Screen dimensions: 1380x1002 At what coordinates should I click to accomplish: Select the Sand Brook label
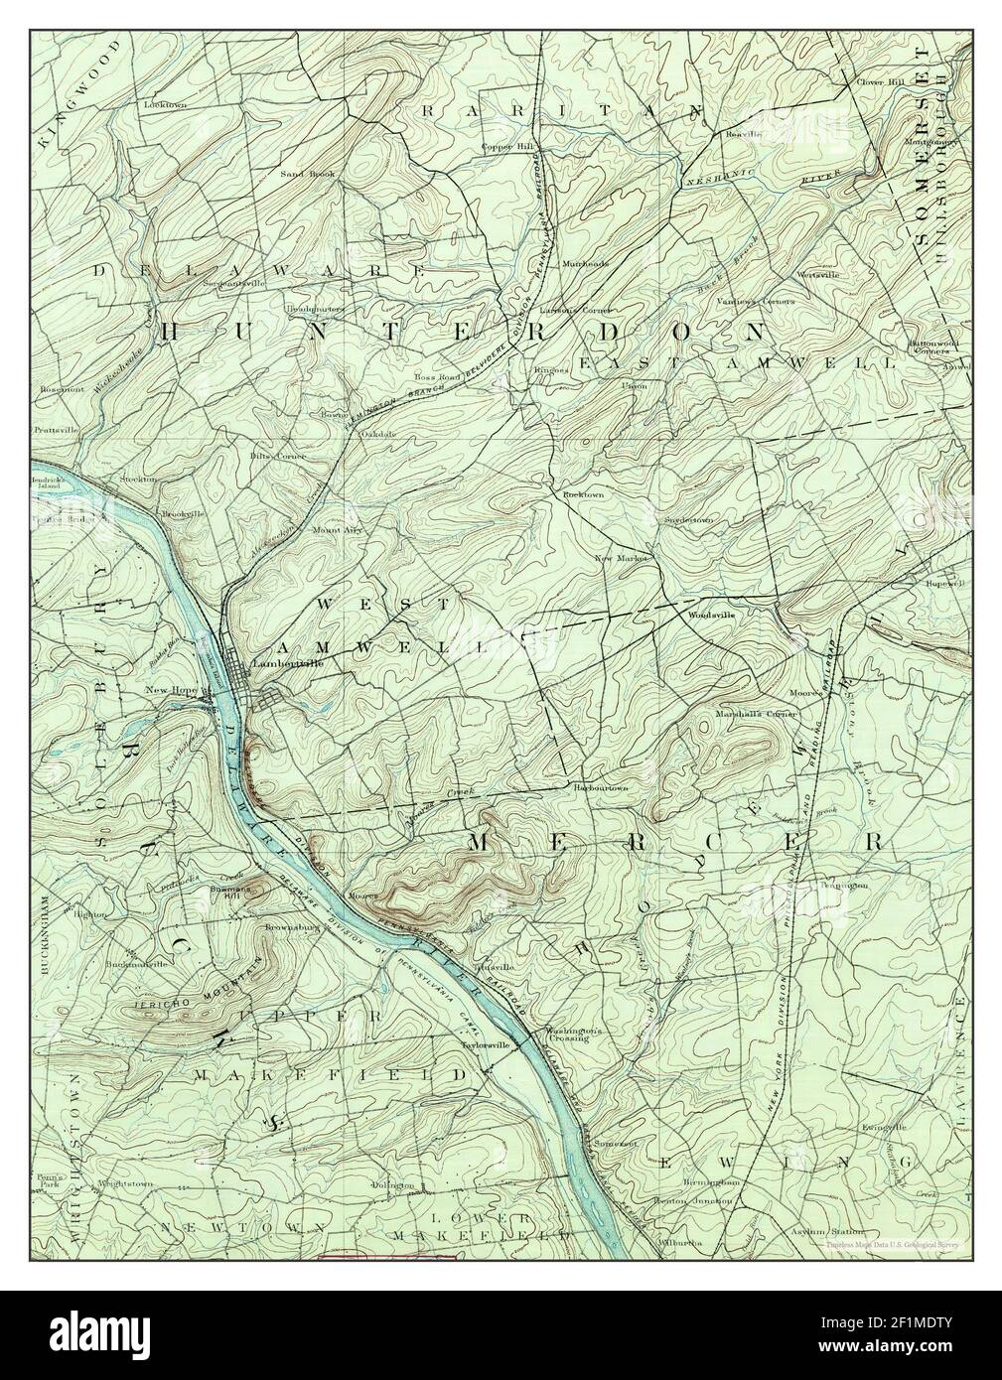308,173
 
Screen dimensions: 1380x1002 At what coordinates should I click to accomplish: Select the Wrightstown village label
125,1183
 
